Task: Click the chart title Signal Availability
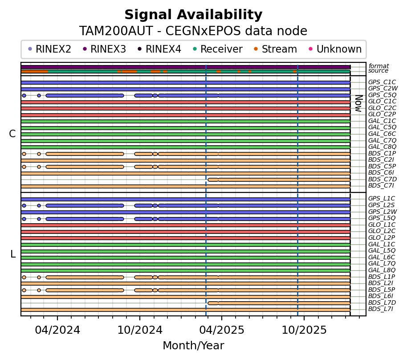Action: (x=193, y=15)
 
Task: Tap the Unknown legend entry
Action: (x=338, y=49)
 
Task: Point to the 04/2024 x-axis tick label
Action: (x=57, y=331)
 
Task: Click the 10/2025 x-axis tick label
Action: (x=304, y=331)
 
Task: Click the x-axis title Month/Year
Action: (x=193, y=346)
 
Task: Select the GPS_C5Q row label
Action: (x=382, y=95)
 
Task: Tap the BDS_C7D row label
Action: (x=382, y=179)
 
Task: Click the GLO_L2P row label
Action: (x=382, y=237)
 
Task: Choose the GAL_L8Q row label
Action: (x=382, y=270)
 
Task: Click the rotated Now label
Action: (x=358, y=103)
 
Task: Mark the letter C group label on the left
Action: (x=12, y=134)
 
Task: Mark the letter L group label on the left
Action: (x=13, y=254)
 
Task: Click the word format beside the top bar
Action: (x=379, y=66)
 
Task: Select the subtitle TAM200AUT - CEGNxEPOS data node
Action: (x=193, y=31)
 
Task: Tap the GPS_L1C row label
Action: (x=382, y=199)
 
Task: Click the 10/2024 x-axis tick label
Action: (x=140, y=331)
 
